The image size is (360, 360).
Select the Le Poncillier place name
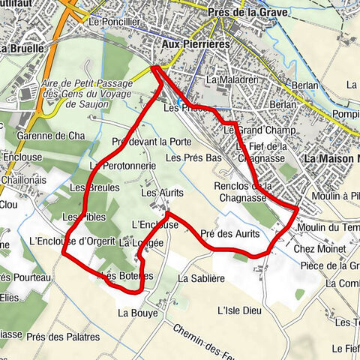coord(114,22)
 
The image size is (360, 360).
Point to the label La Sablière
coord(202,278)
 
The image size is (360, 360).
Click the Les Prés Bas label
coord(194,158)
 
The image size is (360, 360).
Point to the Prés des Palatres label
coord(63,337)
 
